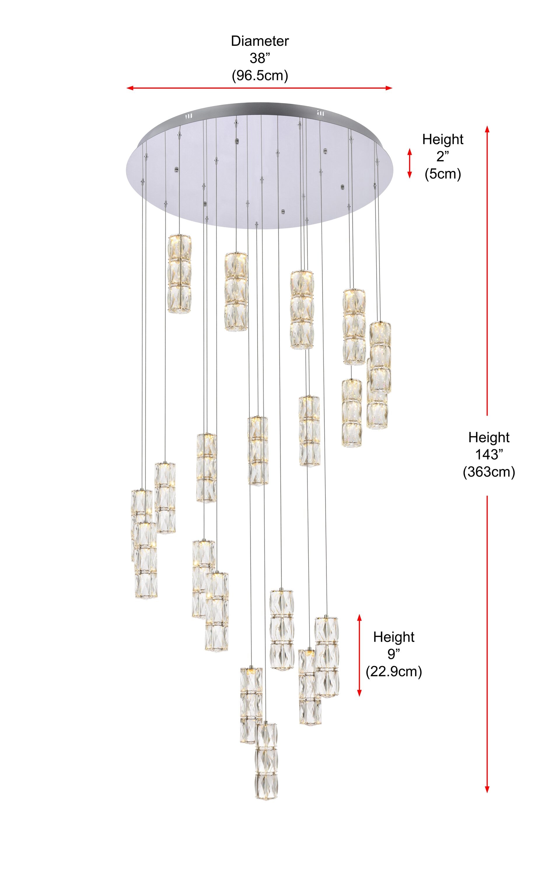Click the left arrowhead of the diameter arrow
pos(129,88)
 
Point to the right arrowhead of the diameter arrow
pos(389,88)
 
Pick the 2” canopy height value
pos(443,157)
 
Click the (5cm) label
pos(443,174)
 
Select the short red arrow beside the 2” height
pos(410,163)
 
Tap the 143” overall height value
pos(489,455)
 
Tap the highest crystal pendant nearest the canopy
pos(179,274)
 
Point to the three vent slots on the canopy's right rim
pos(320,113)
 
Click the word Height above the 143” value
pos(489,437)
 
